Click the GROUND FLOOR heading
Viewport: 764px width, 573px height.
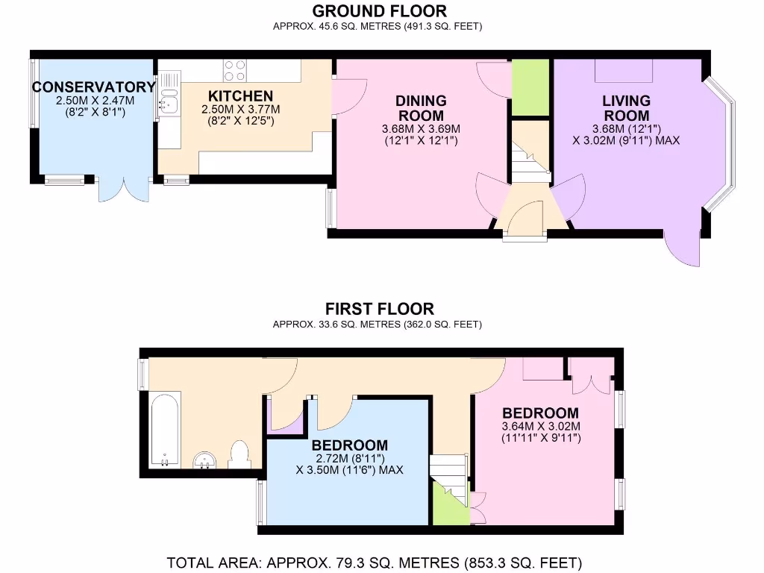click(x=379, y=11)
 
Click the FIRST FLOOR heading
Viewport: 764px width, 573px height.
click(x=379, y=309)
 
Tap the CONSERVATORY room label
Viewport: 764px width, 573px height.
click(x=93, y=87)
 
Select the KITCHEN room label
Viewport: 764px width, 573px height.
click(x=240, y=96)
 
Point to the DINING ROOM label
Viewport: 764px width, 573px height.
click(x=421, y=108)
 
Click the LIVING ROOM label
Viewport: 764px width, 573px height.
click(x=626, y=108)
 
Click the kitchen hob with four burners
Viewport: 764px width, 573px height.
click(x=235, y=70)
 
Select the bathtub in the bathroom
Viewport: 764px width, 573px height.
click(x=164, y=430)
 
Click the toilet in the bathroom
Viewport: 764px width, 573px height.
click(x=239, y=454)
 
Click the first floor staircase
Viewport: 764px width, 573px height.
click(x=448, y=475)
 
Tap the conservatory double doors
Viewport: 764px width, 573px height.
click(x=123, y=190)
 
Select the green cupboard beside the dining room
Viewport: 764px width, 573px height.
click(x=530, y=88)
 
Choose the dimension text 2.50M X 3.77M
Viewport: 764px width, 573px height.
click(x=240, y=110)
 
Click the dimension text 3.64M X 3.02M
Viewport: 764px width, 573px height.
click(x=540, y=427)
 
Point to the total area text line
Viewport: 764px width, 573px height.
click(x=374, y=562)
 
